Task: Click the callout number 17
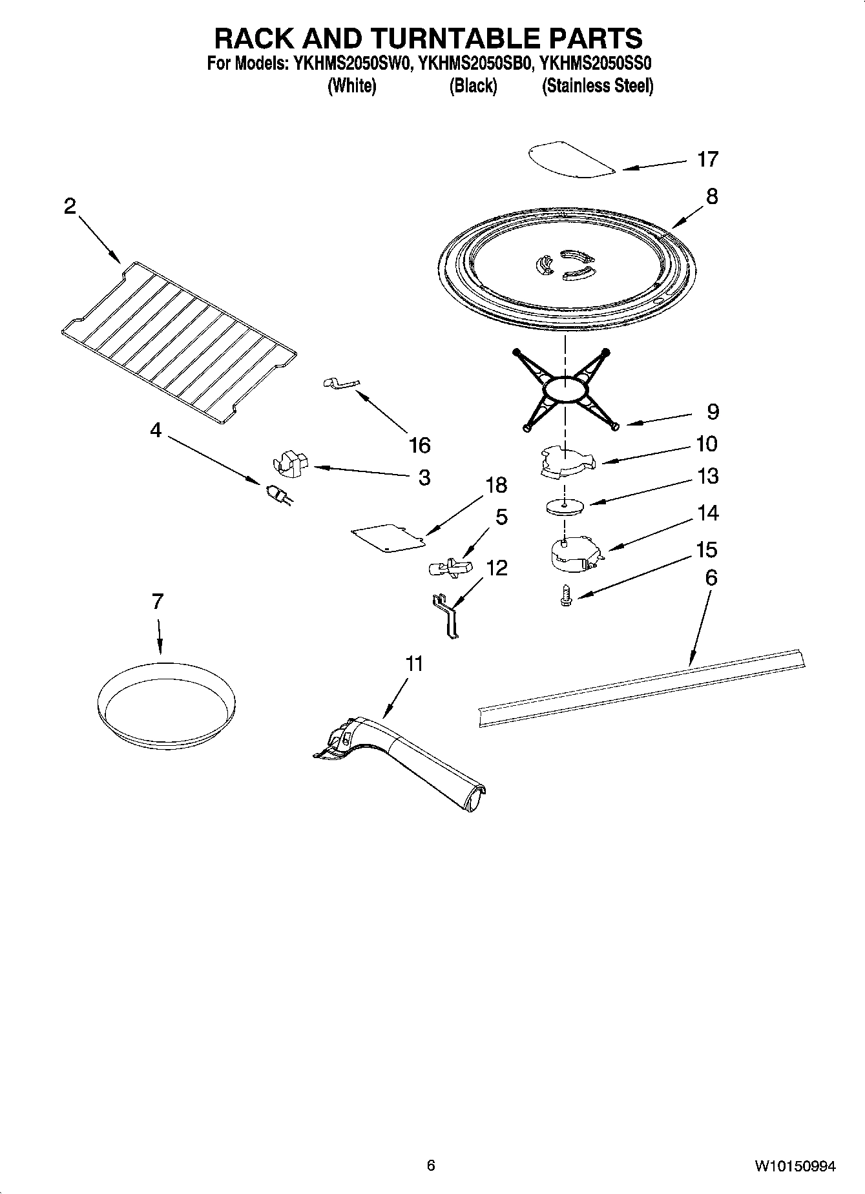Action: [707, 159]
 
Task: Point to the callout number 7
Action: [158, 601]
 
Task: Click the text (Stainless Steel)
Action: [597, 86]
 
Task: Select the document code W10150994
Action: [794, 1166]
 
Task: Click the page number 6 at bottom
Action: [431, 1165]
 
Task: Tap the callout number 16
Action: [419, 445]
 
